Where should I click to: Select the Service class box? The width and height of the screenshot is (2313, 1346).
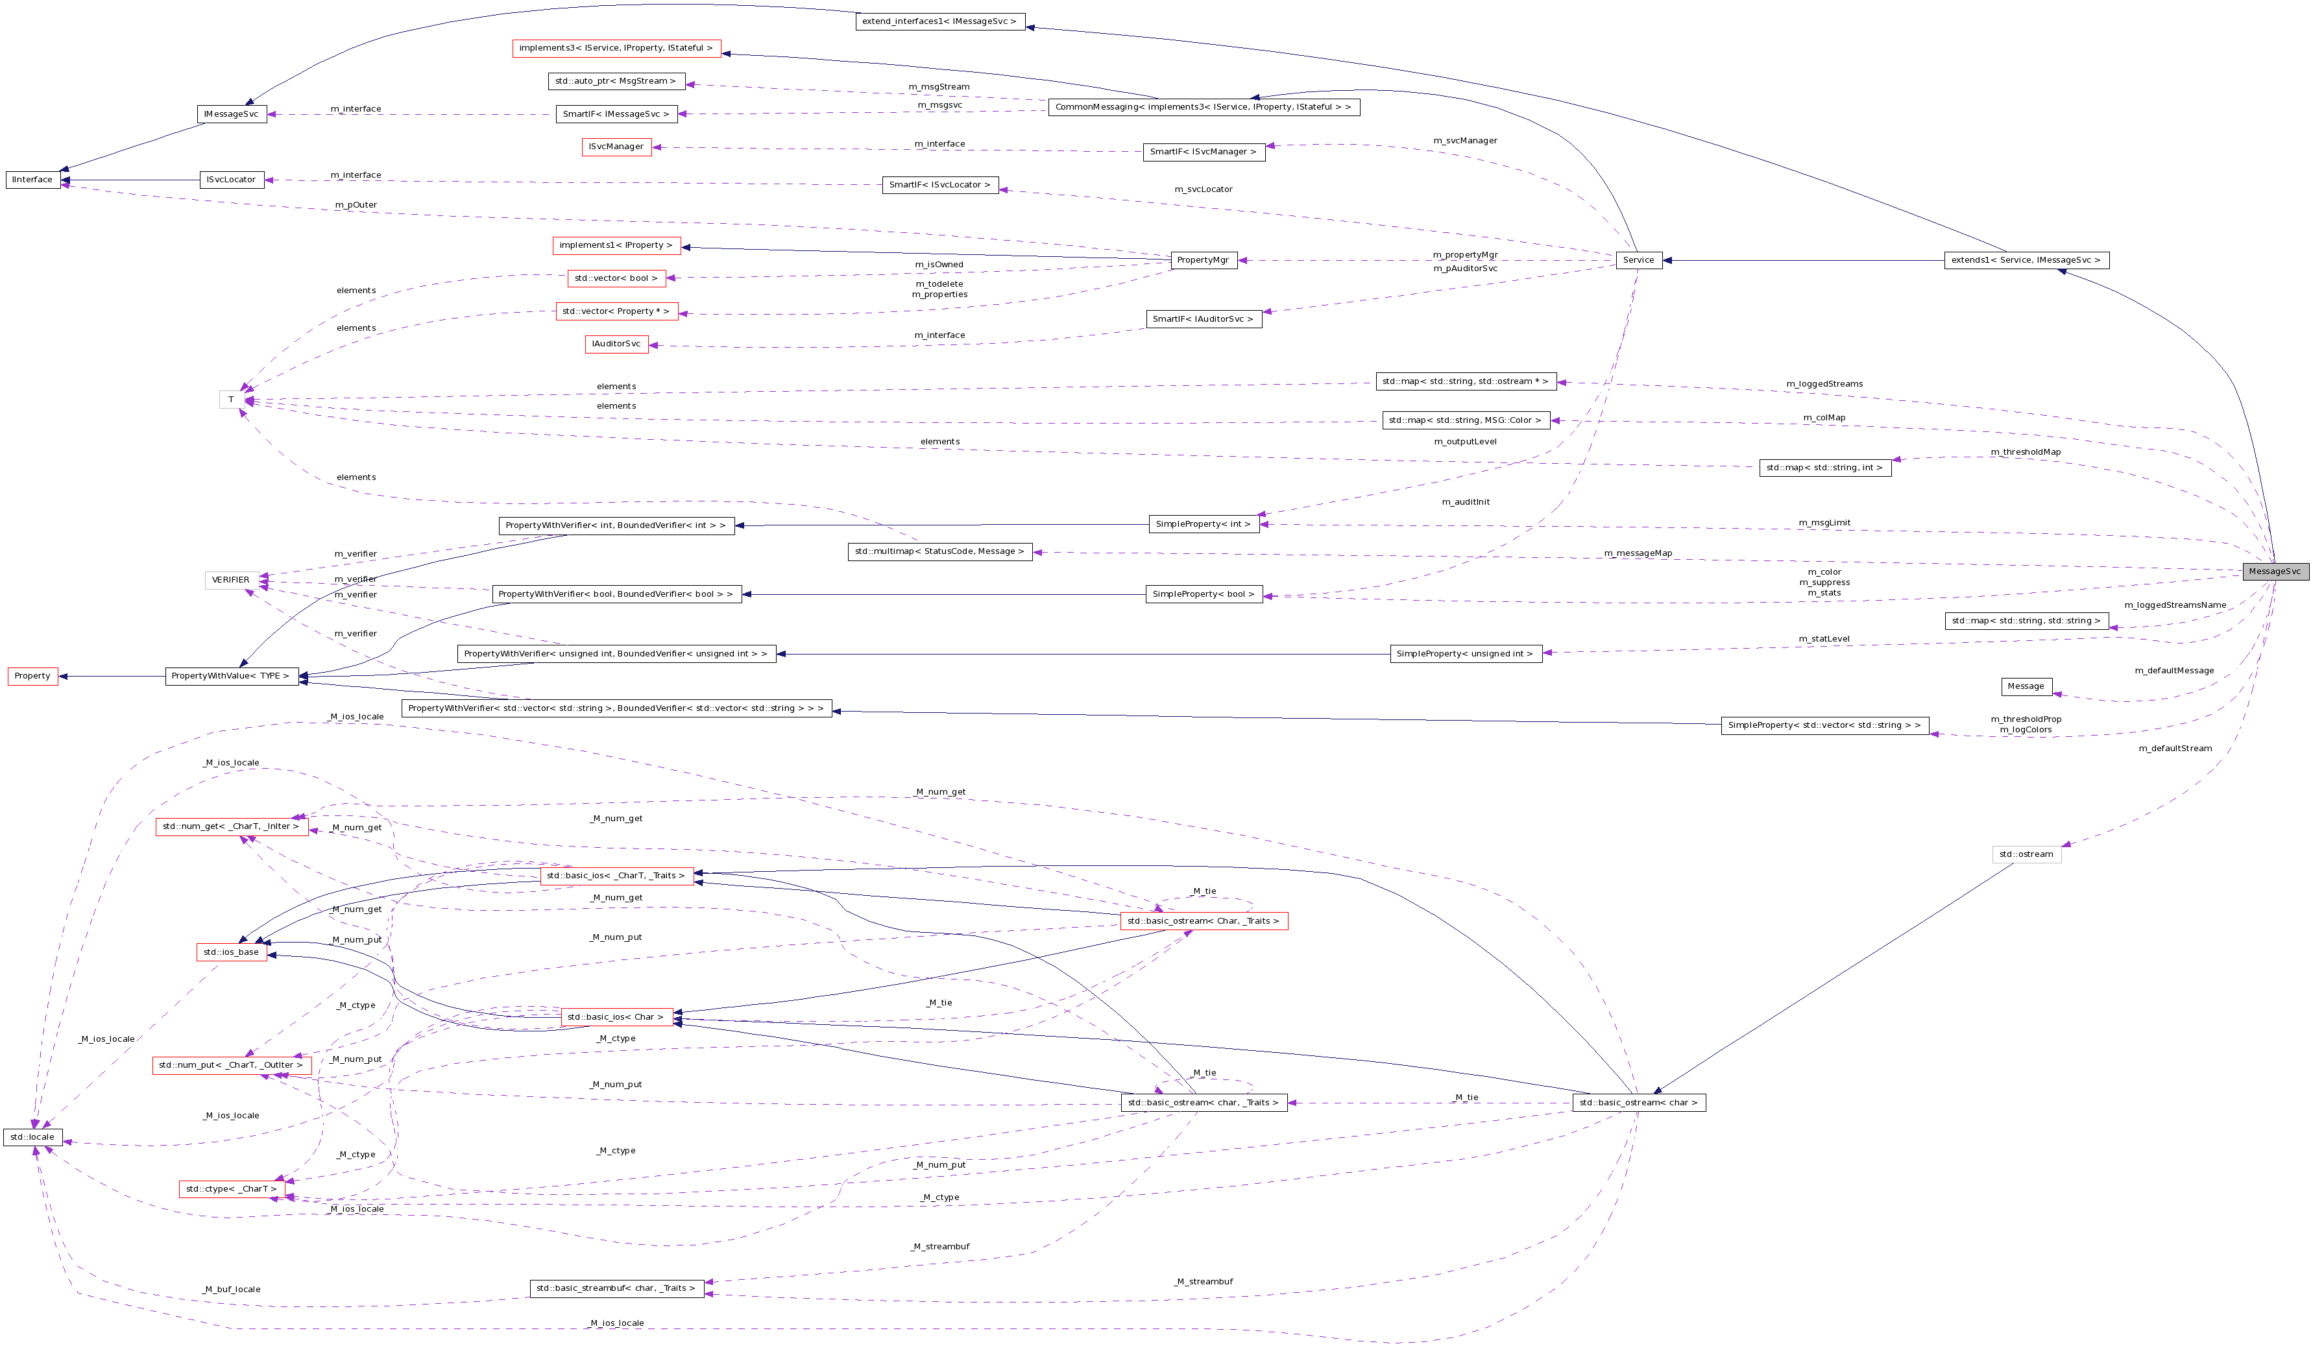[x=1638, y=261]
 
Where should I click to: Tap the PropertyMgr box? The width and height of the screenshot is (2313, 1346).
[x=1202, y=261]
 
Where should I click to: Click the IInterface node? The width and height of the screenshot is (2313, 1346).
[x=32, y=180]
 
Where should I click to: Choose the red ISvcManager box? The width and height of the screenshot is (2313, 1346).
[x=616, y=147]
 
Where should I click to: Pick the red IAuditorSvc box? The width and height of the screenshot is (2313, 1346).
[x=616, y=344]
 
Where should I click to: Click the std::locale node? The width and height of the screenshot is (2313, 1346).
[x=32, y=1138]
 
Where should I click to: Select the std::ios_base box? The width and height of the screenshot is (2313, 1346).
[x=231, y=952]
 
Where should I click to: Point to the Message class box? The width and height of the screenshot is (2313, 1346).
[x=2026, y=686]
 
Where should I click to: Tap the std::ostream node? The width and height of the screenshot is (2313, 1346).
[x=2026, y=854]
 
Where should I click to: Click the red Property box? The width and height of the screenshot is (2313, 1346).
[x=32, y=676]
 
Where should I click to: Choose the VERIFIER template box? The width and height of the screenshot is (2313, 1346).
[x=230, y=580]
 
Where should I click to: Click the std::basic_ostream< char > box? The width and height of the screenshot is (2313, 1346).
[x=1638, y=1103]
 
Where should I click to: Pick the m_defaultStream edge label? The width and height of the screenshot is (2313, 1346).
[x=2174, y=749]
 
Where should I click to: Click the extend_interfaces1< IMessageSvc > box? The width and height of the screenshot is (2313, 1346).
[x=940, y=22]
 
